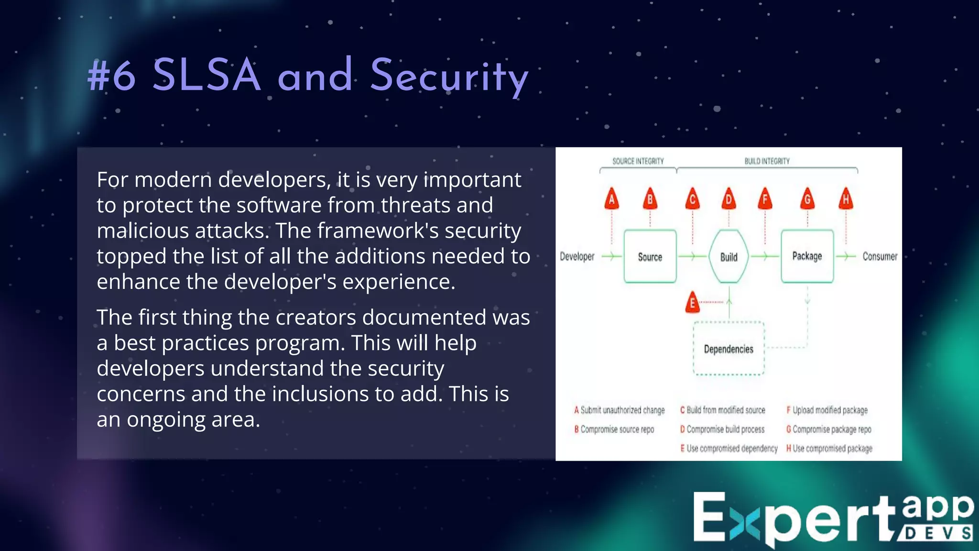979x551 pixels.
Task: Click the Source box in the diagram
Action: point(650,256)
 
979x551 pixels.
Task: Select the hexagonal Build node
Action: point(729,257)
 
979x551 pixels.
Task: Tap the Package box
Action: point(807,256)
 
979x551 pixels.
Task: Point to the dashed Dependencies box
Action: point(729,349)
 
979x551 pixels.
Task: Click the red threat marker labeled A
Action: point(611,199)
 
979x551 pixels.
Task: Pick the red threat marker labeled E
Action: point(692,303)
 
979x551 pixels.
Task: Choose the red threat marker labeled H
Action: point(846,199)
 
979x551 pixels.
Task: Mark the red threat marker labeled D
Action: point(729,199)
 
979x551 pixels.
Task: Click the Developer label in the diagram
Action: point(577,256)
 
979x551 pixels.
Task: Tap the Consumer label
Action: point(880,256)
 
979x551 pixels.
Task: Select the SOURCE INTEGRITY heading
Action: point(638,161)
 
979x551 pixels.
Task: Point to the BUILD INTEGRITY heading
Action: point(767,161)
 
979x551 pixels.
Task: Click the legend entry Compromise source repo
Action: point(617,430)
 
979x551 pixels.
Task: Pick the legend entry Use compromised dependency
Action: point(731,449)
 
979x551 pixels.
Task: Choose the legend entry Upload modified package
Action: point(829,410)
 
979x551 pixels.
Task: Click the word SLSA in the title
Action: point(207,76)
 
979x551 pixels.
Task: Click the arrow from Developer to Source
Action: point(611,256)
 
